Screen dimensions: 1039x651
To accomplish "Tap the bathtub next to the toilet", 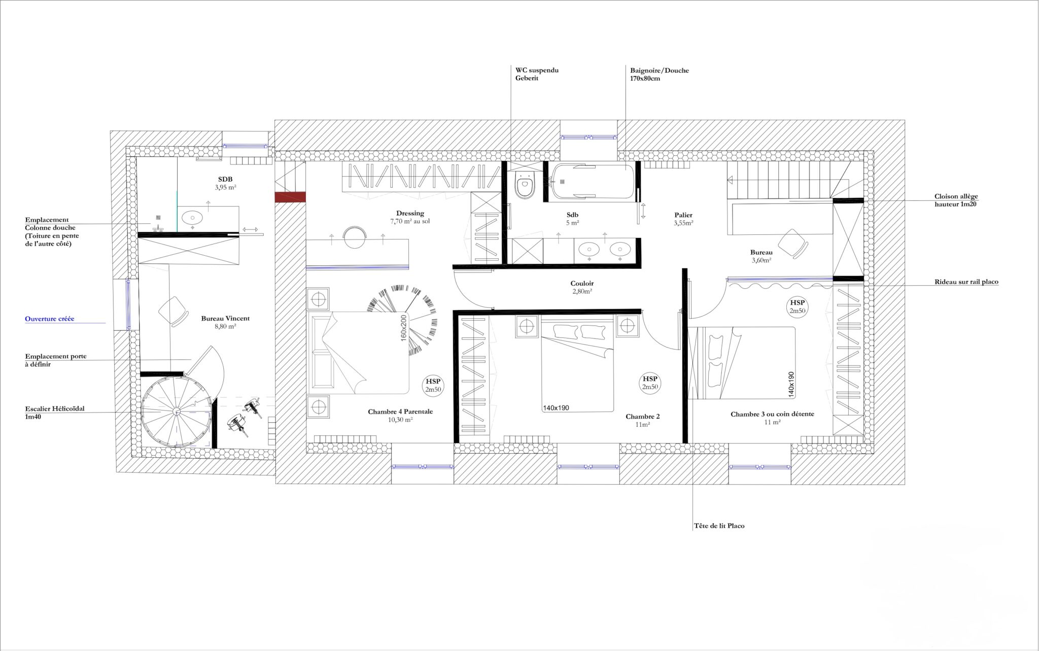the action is pyautogui.click(x=593, y=182).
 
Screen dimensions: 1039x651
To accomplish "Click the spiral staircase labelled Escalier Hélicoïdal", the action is pyautogui.click(x=177, y=412).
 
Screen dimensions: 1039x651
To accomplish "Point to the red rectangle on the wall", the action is pyautogui.click(x=290, y=197).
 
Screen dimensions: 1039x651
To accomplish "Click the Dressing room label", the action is pyautogui.click(x=410, y=213).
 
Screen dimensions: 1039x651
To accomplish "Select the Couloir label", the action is pyautogui.click(x=582, y=284).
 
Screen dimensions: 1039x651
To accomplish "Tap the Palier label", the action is pyautogui.click(x=683, y=215).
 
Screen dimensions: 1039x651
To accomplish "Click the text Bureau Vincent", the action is pyautogui.click(x=225, y=319).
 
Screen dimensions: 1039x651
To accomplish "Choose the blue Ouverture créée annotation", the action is pyautogui.click(x=50, y=319).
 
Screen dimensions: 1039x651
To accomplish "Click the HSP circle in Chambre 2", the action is pyautogui.click(x=650, y=383).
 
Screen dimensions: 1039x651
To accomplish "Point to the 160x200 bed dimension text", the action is pyautogui.click(x=404, y=328).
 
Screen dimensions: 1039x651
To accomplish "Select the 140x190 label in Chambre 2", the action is pyautogui.click(x=556, y=407).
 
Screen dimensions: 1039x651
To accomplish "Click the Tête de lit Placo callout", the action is pyautogui.click(x=719, y=526).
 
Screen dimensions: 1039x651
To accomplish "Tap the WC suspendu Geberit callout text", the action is pyautogui.click(x=537, y=74).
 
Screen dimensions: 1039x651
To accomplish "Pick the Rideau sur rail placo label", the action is pyautogui.click(x=966, y=282).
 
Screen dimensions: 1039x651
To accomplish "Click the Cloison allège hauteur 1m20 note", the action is pyautogui.click(x=956, y=200).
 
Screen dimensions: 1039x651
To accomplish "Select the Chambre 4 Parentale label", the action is pyautogui.click(x=400, y=412).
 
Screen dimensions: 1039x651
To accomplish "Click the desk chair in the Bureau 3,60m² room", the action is pyautogui.click(x=792, y=244).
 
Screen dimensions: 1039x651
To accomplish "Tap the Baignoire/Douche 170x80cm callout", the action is pyautogui.click(x=660, y=75).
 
